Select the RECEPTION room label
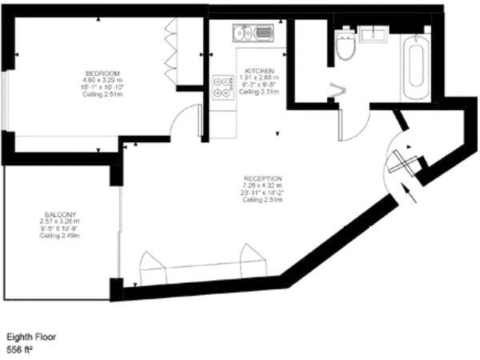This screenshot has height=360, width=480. [x=262, y=177]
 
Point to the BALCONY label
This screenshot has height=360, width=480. [x=61, y=214]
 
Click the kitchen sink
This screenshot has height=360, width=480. [x=252, y=32]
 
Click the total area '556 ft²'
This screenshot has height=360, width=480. [x=20, y=348]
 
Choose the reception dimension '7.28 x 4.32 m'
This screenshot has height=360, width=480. [x=262, y=186]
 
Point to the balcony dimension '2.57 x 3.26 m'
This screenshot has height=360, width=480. [x=60, y=221]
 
